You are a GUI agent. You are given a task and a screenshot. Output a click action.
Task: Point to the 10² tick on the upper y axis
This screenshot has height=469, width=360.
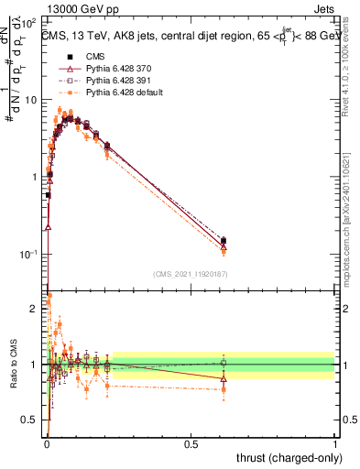[x=31, y=22]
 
